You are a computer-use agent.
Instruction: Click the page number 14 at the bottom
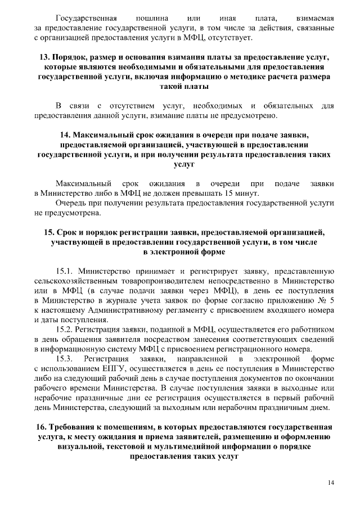click(x=331, y=483)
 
